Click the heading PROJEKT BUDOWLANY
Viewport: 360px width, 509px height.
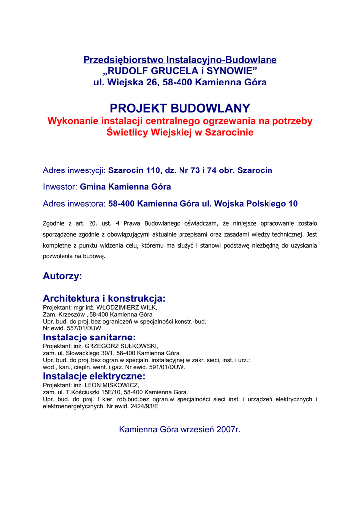[180, 108]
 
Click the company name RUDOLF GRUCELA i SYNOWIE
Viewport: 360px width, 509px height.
[180, 71]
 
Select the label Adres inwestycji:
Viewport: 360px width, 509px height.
[75, 170]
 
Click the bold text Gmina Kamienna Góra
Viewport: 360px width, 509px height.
[125, 187]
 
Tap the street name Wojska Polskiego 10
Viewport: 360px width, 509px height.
[255, 204]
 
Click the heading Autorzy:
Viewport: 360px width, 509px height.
[62, 276]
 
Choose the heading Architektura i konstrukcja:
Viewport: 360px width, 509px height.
[104, 299]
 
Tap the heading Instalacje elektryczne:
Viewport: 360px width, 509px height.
[94, 376]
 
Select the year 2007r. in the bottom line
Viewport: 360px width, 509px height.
[229, 429]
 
